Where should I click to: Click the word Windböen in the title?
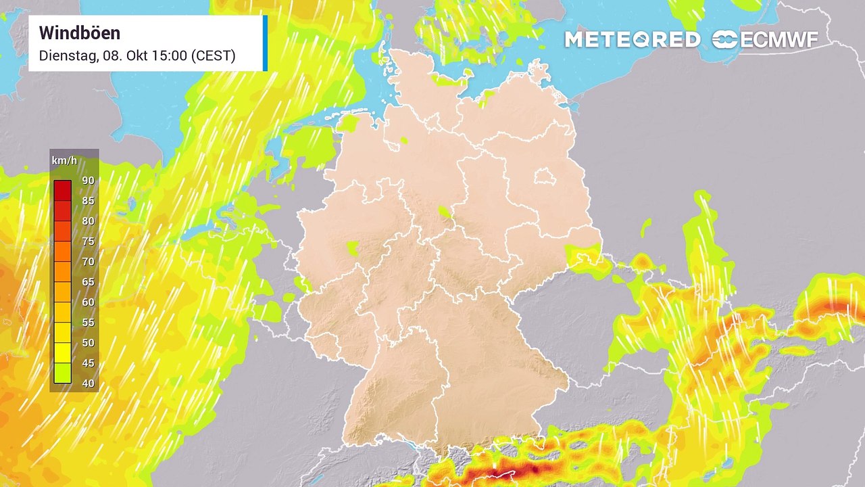coord(80,33)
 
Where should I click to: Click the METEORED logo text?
coord(632,40)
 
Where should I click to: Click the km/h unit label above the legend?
coord(64,161)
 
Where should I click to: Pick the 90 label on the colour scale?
coord(88,181)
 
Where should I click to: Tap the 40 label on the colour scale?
coord(88,384)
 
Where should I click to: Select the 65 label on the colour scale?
coord(88,282)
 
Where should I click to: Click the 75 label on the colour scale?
coord(88,241)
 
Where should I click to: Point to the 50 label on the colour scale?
coord(88,343)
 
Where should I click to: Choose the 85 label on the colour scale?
coord(88,201)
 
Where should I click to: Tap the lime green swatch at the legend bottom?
coord(63,373)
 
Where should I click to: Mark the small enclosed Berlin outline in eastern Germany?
coord(543,178)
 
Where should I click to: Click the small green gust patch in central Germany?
coord(444,213)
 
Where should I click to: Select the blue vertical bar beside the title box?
coord(265,43)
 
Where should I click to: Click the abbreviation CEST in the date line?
coord(214,55)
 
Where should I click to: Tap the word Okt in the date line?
coord(139,55)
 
